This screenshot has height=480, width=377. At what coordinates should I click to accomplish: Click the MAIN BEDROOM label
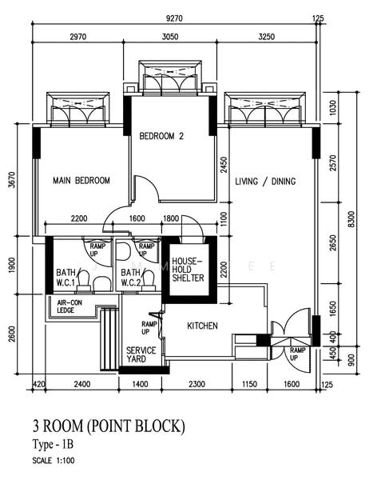click(81, 180)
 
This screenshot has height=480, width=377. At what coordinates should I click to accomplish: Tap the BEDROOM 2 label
click(161, 136)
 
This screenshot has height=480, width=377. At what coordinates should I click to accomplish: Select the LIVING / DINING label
click(265, 182)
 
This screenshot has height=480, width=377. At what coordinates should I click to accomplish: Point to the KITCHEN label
click(202, 326)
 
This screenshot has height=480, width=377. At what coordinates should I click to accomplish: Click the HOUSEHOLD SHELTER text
click(188, 270)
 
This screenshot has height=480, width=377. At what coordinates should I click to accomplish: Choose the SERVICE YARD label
click(141, 354)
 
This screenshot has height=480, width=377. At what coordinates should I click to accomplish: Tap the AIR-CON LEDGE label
click(69, 306)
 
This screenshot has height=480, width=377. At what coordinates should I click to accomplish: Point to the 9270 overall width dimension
click(174, 18)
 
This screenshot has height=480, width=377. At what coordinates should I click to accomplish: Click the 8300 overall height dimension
click(351, 219)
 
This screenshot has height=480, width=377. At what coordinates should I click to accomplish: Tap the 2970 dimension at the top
click(78, 37)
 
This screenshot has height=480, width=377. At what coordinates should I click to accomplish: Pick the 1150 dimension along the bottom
click(249, 384)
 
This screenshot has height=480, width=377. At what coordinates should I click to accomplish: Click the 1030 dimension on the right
click(333, 108)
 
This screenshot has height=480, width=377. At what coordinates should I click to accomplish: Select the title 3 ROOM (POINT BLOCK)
click(109, 426)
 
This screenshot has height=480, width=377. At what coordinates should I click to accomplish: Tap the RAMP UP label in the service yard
click(149, 327)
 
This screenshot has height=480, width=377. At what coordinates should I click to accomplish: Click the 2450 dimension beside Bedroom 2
click(224, 165)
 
